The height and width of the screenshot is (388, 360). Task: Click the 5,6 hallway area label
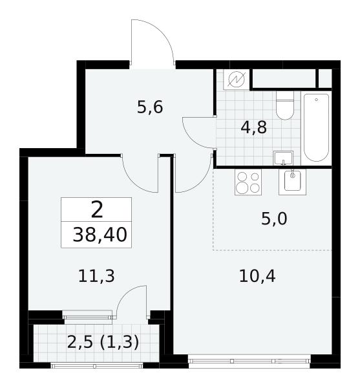click(150, 107)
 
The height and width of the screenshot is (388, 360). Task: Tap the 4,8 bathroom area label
click(254, 127)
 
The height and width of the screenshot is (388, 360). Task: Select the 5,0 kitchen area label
click(274, 219)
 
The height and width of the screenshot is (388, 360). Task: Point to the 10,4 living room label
click(257, 276)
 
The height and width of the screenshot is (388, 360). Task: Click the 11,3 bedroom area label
click(96, 276)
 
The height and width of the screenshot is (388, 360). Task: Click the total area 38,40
click(100, 235)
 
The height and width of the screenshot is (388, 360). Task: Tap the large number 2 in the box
click(97, 210)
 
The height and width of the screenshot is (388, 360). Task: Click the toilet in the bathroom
click(285, 105)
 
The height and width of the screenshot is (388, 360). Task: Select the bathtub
click(316, 127)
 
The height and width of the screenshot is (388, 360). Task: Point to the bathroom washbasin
click(283, 158)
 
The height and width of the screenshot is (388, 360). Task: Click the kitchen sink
click(293, 182)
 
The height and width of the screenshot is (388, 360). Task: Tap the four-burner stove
click(248, 182)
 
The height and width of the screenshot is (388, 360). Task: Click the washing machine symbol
click(236, 79)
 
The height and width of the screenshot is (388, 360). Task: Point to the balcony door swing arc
click(126, 294)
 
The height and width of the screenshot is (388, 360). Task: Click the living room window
click(249, 361)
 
